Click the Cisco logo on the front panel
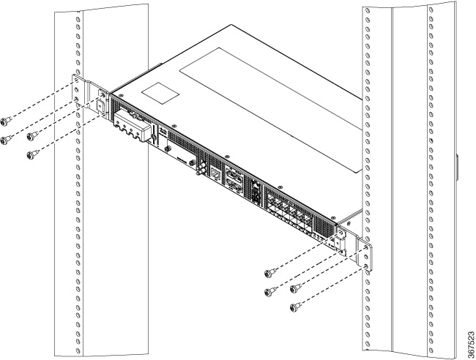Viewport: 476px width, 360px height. click(163, 135)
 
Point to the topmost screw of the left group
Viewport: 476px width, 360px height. click(7, 119)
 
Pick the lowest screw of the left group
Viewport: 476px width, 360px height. click(31, 154)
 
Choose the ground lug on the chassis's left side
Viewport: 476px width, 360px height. click(99, 103)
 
